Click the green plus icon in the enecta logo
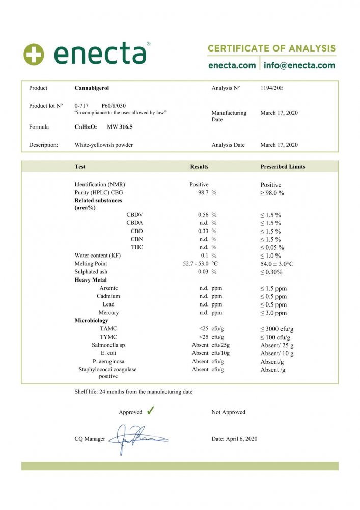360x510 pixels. coord(34,54)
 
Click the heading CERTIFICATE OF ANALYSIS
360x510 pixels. coord(271,48)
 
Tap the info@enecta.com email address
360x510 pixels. coord(299,65)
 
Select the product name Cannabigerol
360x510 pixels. coord(91,88)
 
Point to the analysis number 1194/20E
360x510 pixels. coord(271,88)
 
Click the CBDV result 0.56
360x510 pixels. coord(204,215)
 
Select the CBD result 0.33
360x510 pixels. coord(204,231)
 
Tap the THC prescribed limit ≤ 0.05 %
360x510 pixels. coord(272,248)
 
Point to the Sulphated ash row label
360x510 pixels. coord(91,272)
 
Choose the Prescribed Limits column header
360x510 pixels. coord(283,167)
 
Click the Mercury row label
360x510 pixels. coord(108,313)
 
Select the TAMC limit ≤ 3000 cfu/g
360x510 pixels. coord(276,329)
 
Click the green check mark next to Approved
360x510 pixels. coord(150,411)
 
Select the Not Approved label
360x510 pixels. coord(228,412)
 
